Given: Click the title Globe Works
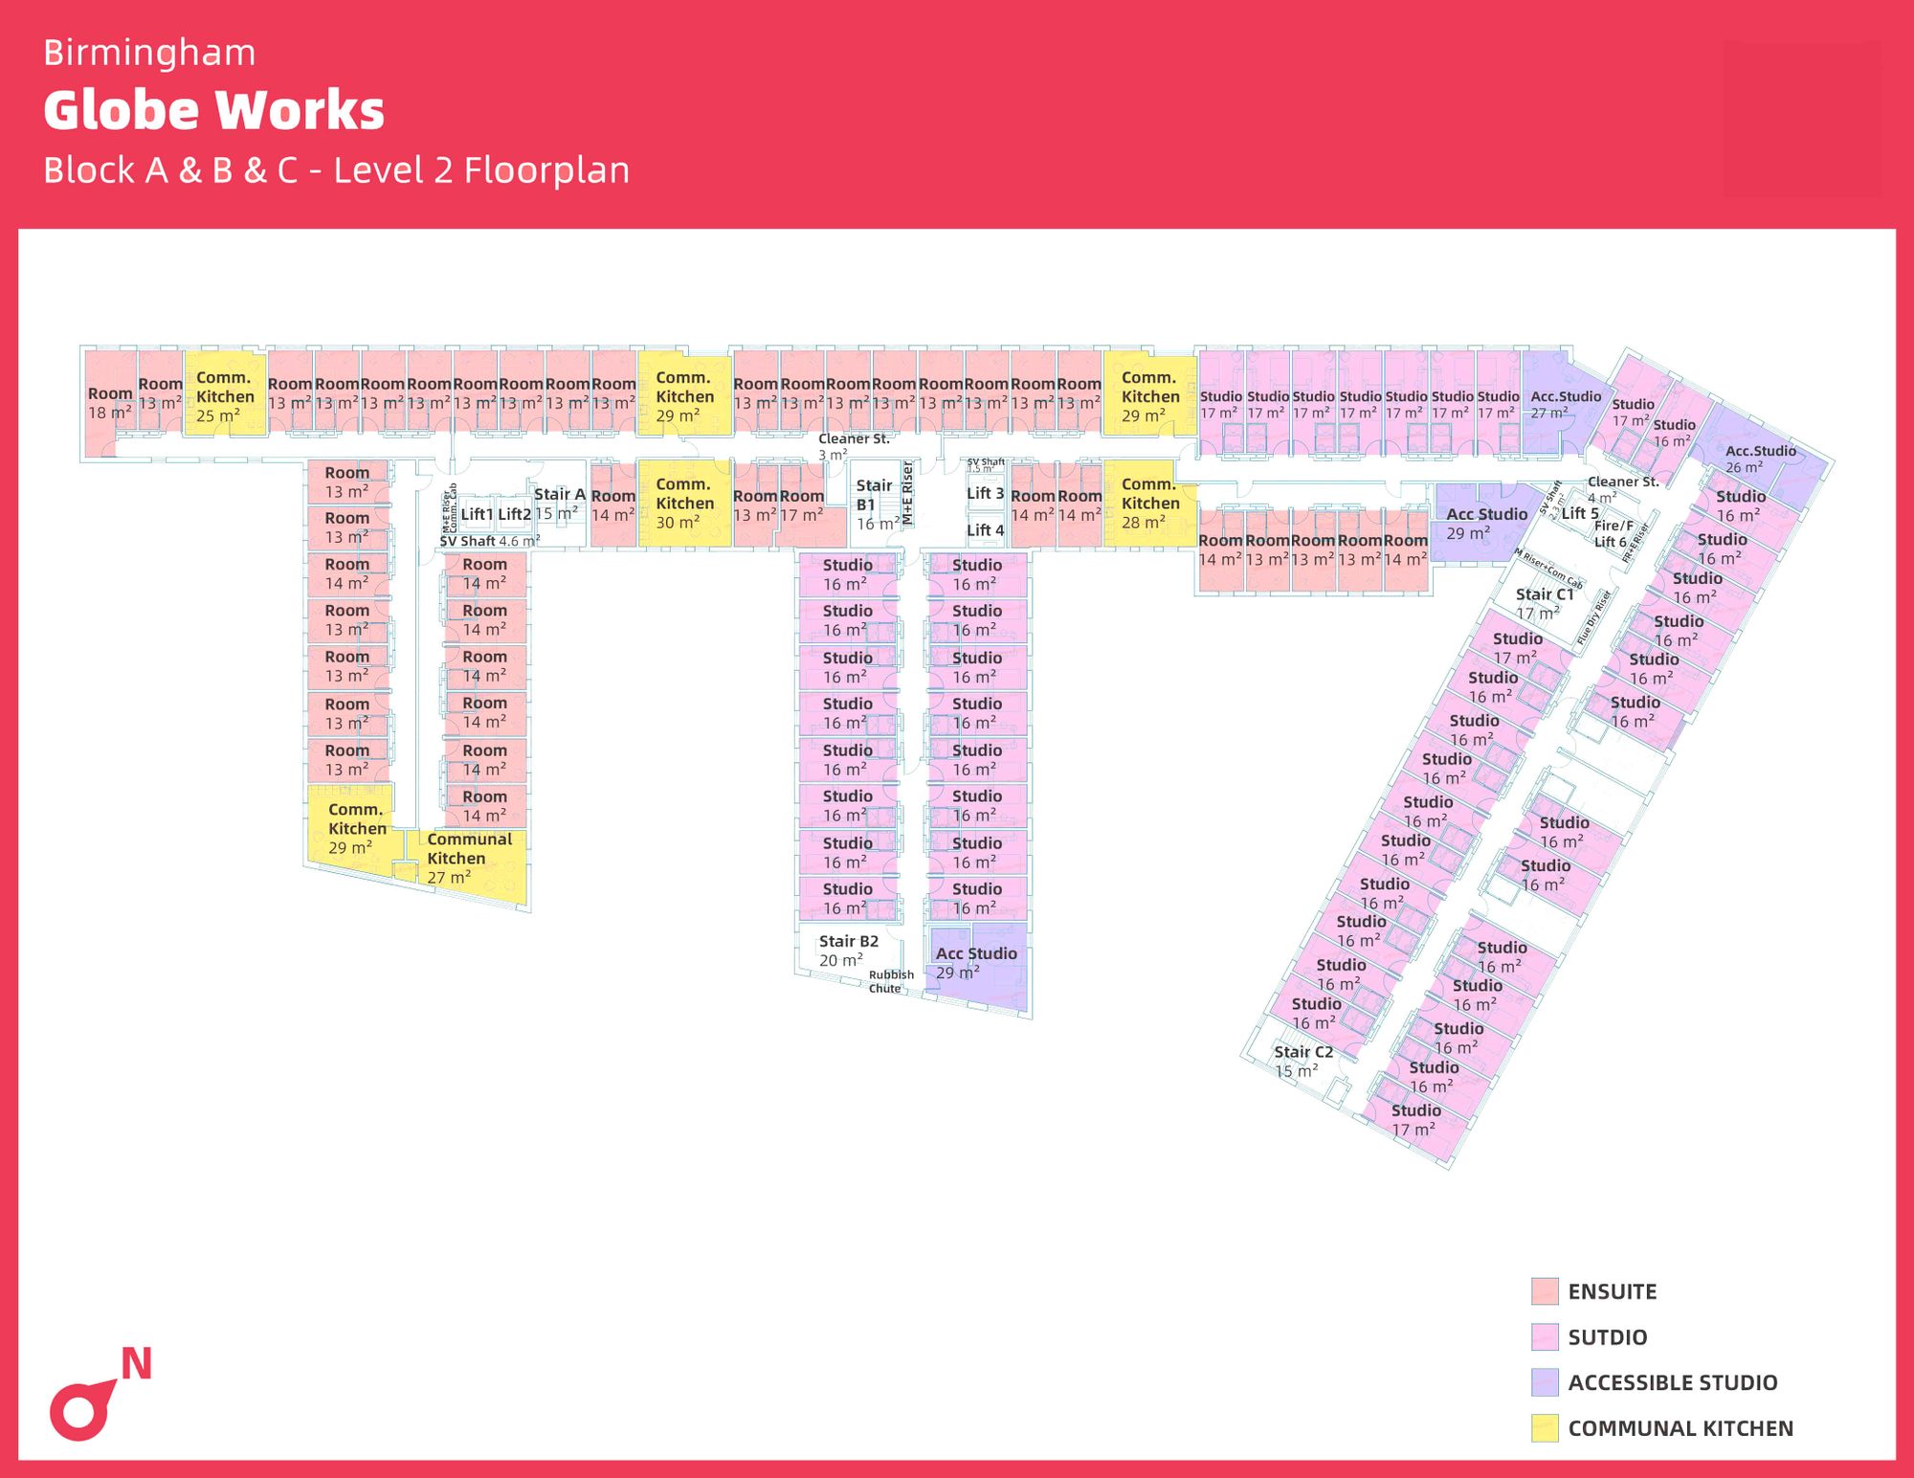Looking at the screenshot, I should [x=213, y=110].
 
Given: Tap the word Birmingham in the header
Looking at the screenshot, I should [x=149, y=53].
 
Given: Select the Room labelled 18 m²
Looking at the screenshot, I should [x=110, y=403].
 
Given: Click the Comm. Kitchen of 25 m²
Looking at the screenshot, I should [x=225, y=396].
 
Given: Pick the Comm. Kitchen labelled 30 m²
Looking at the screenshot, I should [x=684, y=504].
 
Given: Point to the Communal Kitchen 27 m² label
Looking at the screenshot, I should [x=469, y=858].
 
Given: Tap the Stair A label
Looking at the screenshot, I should [x=559, y=494].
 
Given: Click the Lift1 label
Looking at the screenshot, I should [x=477, y=514].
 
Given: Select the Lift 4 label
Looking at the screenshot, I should [x=985, y=530].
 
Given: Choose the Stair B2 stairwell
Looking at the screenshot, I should [x=848, y=951].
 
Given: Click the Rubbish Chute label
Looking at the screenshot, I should [x=890, y=981].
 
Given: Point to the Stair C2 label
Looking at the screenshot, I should [x=1302, y=1052].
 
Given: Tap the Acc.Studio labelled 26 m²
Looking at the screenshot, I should [x=1760, y=459].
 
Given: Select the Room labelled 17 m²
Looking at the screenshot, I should [x=802, y=505].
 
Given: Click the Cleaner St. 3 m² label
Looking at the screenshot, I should [x=853, y=445].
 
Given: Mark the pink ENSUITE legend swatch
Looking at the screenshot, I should [x=1544, y=1291].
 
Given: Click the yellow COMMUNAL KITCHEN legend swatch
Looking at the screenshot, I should [x=1544, y=1428].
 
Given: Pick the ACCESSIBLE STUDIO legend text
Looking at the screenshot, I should [x=1672, y=1383].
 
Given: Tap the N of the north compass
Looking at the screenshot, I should [x=136, y=1364].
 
